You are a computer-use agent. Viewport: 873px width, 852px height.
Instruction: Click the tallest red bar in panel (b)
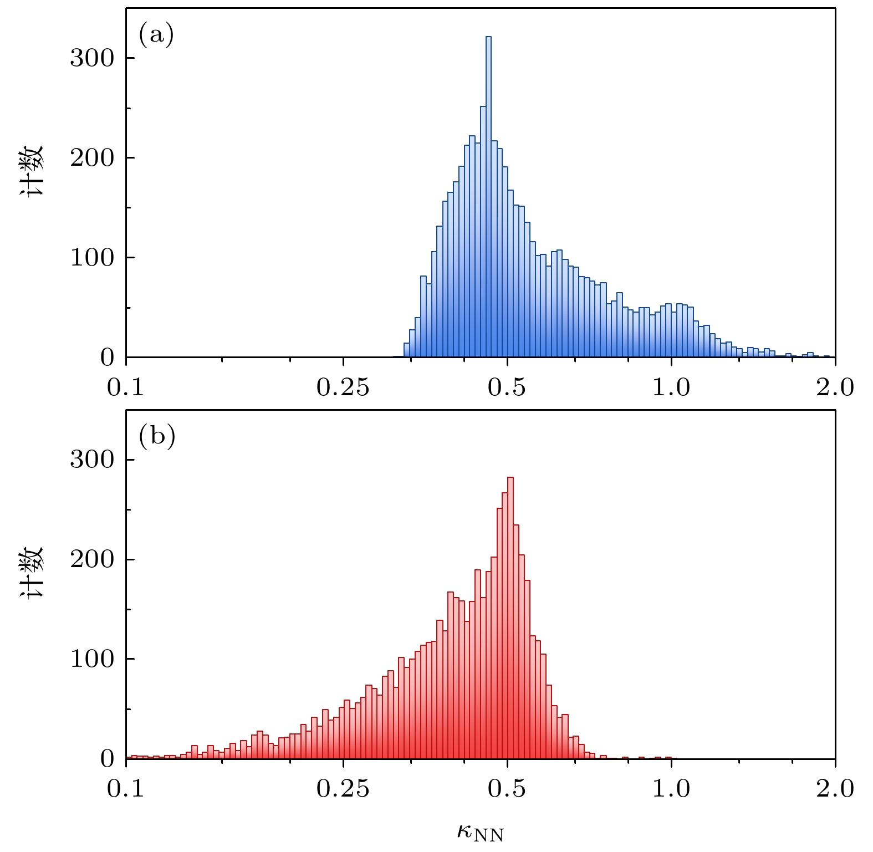point(510,615)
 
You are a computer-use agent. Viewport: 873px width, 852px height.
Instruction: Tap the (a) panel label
point(156,35)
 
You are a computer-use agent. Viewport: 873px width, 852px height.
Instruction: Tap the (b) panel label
point(157,437)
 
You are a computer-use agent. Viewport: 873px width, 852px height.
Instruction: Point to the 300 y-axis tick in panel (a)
point(92,58)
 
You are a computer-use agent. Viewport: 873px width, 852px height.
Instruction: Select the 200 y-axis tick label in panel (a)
point(92,158)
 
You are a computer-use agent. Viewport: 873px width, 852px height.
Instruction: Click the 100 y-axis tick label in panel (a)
point(92,258)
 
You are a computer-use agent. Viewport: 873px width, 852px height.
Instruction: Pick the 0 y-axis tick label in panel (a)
point(107,358)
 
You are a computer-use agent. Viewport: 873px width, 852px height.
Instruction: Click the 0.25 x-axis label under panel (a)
point(343,387)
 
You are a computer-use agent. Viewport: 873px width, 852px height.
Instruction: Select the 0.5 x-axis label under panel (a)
point(507,387)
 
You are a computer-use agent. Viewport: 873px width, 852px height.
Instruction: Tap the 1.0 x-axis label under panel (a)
point(671,387)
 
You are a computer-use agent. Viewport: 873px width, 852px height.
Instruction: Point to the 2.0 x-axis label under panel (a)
point(835,387)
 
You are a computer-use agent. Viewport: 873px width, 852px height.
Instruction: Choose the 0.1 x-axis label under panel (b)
point(126,789)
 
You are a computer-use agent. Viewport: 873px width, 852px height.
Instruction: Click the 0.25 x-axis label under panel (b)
point(343,789)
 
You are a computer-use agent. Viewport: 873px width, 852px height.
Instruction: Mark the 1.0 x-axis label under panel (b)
point(671,789)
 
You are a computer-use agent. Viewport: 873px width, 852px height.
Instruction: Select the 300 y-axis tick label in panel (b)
point(92,460)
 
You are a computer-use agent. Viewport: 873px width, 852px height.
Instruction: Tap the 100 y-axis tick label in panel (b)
point(92,659)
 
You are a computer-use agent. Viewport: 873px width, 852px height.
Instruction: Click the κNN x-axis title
point(480,831)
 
